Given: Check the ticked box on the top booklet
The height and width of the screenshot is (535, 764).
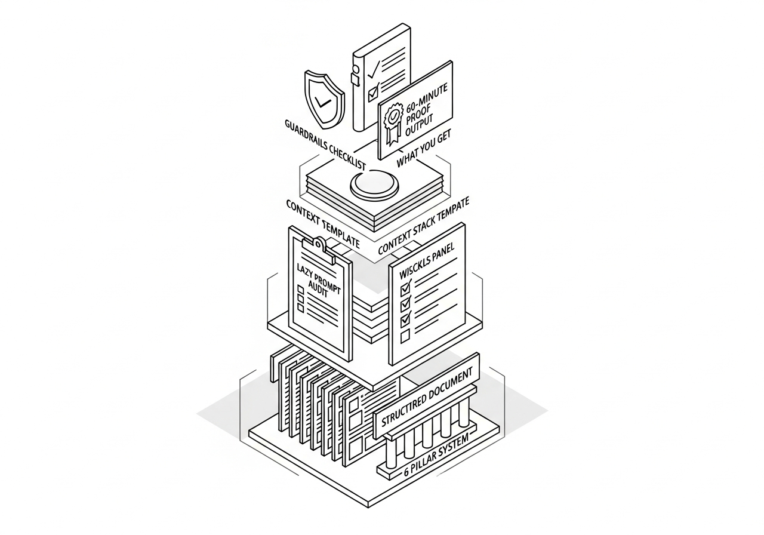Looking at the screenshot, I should pos(373,92).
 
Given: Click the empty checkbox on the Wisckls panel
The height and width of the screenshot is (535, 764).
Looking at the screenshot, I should pos(405,336).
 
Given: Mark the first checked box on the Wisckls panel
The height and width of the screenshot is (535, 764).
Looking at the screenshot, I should pos(406,288).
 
